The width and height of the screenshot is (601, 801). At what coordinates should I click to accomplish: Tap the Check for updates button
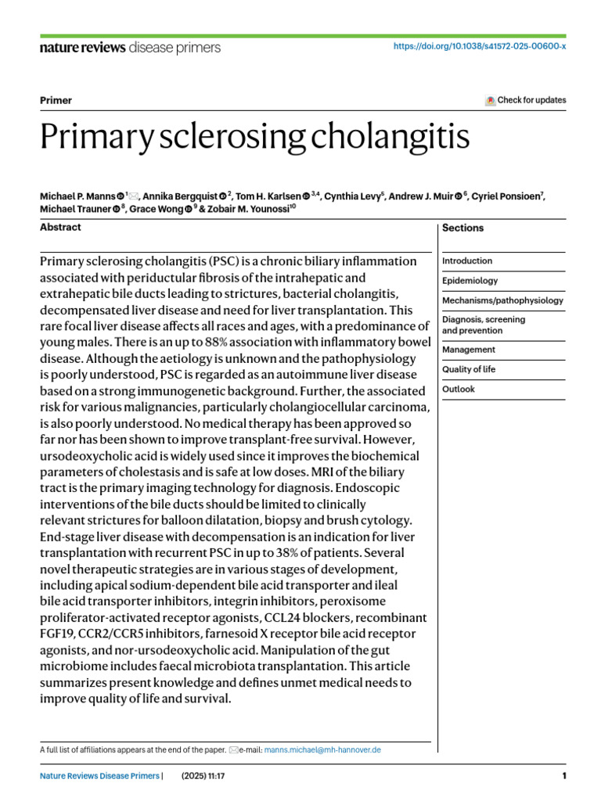pyautogui.click(x=526, y=100)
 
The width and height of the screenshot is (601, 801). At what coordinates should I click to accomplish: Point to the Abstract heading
pyautogui.click(x=60, y=227)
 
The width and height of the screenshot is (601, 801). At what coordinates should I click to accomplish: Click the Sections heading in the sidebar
pyautogui.click(x=462, y=228)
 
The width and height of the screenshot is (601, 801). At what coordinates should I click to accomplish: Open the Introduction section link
pyautogui.click(x=467, y=261)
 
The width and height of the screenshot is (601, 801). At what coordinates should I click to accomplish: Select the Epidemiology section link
pyautogui.click(x=470, y=281)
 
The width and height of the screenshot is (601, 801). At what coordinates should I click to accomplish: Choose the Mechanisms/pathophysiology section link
pyautogui.click(x=502, y=300)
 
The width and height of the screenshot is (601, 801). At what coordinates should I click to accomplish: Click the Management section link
pyautogui.click(x=468, y=350)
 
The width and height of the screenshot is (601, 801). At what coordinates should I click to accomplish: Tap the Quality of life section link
pyautogui.click(x=469, y=369)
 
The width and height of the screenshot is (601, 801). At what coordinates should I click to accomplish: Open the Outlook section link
pyautogui.click(x=459, y=389)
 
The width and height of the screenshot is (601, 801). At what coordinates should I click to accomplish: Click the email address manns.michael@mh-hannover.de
pyautogui.click(x=322, y=749)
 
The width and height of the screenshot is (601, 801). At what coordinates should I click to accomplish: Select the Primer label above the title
pyautogui.click(x=56, y=100)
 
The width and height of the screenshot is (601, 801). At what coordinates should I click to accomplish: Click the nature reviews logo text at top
pyautogui.click(x=81, y=48)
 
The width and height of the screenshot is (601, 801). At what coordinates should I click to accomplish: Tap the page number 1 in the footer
pyautogui.click(x=563, y=776)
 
